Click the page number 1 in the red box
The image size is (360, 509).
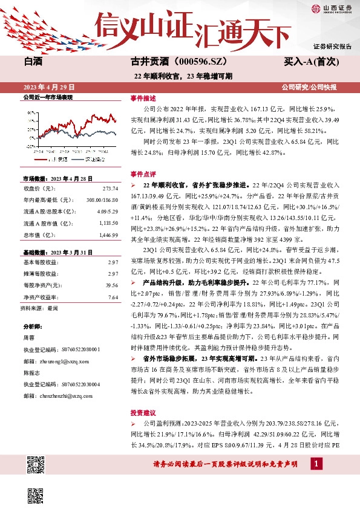pyautogui.click(x=316, y=464)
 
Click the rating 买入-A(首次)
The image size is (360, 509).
pyautogui.click(x=309, y=61)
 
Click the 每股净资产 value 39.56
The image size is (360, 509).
pyautogui.click(x=111, y=285)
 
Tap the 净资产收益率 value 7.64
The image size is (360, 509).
pyautogui.click(x=113, y=297)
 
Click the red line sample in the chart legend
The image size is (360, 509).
pyautogui.click(x=41, y=159)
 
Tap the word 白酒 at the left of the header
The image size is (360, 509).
pyautogui.click(x=34, y=61)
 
